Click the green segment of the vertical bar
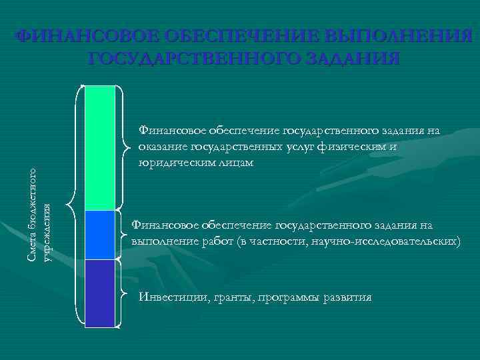click(100, 147)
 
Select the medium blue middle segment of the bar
click(100, 235)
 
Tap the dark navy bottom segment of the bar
click(100, 293)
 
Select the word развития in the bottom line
click(343, 297)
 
